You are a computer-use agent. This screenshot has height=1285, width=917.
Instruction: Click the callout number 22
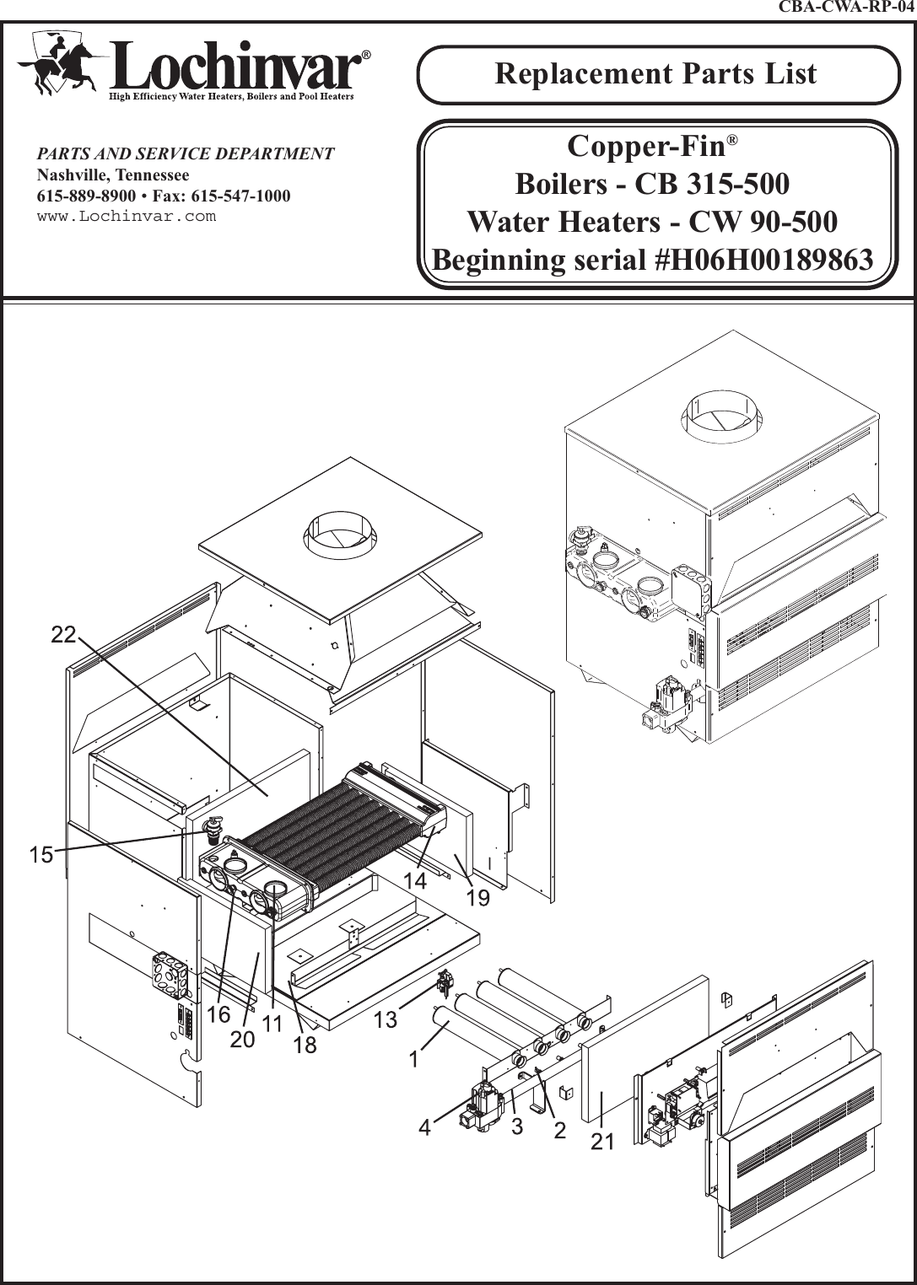(x=63, y=635)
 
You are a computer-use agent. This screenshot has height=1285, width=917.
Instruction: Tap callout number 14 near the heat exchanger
(x=415, y=880)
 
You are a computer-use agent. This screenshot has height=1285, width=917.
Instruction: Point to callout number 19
(x=477, y=898)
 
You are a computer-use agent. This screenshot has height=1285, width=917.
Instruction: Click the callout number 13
(x=385, y=1020)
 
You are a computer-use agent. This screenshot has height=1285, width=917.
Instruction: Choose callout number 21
(x=601, y=1143)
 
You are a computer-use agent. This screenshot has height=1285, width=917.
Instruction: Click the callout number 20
(x=242, y=1040)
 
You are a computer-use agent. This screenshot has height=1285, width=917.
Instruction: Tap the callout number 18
(x=305, y=1046)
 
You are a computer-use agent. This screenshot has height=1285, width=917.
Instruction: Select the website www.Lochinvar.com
(x=127, y=217)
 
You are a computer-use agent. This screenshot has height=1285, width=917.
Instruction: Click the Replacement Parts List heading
(x=655, y=73)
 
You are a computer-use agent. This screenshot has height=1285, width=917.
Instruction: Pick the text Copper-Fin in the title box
(x=646, y=146)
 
